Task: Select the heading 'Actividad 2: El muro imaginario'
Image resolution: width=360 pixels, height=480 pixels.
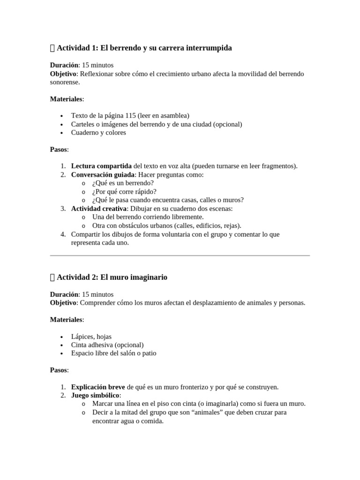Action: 112,277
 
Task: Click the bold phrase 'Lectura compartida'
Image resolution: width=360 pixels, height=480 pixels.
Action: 101,166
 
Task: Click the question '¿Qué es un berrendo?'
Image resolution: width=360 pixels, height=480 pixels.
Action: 123,183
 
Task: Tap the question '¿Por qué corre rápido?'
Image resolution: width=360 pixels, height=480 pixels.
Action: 124,191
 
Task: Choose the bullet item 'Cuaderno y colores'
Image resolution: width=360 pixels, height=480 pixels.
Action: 98,132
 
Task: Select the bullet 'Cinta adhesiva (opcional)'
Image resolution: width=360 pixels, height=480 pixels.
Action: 107,345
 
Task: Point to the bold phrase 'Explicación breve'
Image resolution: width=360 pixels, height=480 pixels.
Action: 98,387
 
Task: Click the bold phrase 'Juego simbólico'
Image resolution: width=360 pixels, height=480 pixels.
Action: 96,395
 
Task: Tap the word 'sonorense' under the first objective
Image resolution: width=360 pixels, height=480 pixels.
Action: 65,82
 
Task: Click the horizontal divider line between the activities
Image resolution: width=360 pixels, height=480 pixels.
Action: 180,255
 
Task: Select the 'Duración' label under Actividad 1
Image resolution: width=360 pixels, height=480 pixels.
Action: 64,65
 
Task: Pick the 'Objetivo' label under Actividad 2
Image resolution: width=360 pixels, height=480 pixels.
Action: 63,302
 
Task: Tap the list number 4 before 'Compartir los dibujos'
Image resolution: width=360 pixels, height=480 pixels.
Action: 63,234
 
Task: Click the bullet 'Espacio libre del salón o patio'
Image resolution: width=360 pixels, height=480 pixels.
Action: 113,353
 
